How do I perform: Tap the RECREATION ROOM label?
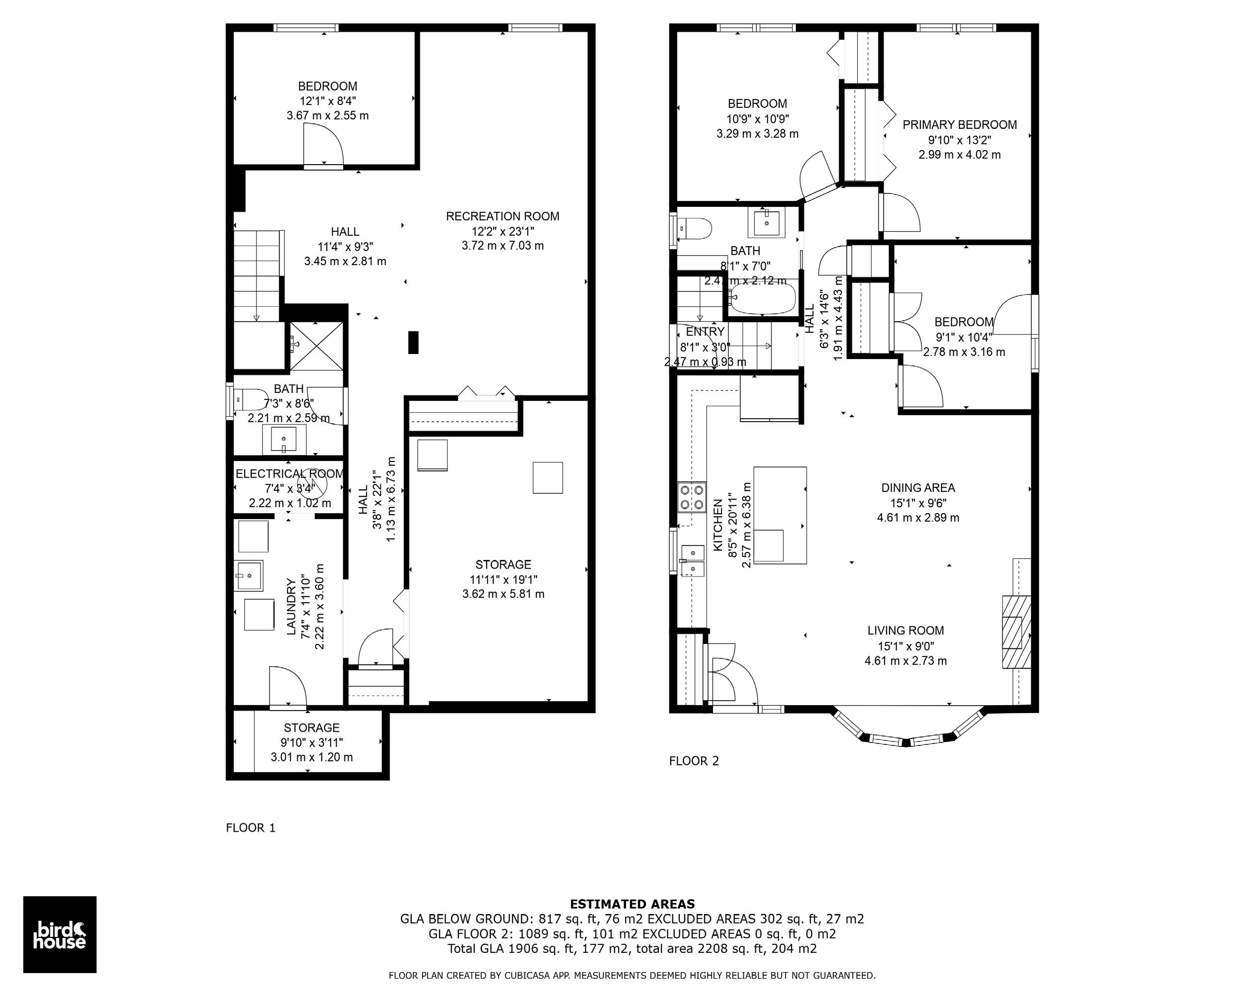pos(502,216)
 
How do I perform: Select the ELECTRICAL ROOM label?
pos(289,474)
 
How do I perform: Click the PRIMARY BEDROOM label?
pos(960,124)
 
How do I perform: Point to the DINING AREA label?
pos(918,488)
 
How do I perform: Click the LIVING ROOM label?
pos(905,631)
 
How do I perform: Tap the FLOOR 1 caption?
pos(251,828)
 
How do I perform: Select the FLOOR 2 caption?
pos(694,760)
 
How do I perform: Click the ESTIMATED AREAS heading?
pos(632,904)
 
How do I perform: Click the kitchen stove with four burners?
pos(691,497)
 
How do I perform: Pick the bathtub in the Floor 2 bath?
pos(763,298)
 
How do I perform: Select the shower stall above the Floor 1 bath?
pos(317,347)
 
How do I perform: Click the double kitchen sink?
pos(693,560)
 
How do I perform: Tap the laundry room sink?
pos(249,575)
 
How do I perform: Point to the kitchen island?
pos(780,515)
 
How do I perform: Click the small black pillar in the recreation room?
pos(413,342)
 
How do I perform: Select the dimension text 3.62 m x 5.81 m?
pos(503,594)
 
